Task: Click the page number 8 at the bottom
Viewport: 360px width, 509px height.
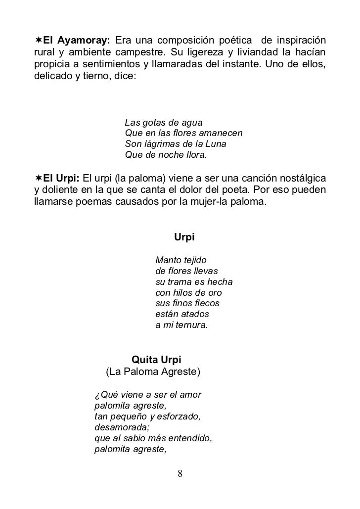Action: click(180, 474)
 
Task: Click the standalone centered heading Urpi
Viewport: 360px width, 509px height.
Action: click(184, 237)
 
